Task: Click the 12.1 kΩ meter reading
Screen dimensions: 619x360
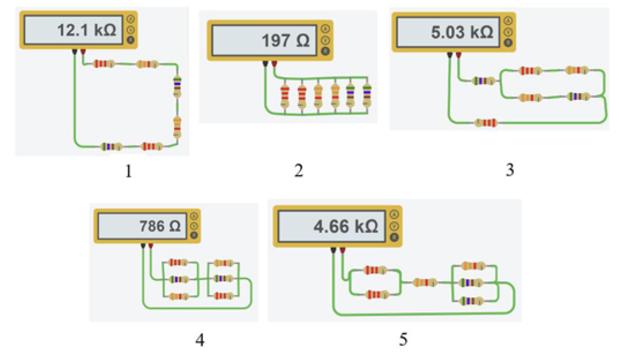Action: tap(87, 30)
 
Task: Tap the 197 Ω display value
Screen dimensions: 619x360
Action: tap(286, 40)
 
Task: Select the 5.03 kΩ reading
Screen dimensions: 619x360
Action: tap(462, 32)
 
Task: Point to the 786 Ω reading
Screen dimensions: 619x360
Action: tap(160, 226)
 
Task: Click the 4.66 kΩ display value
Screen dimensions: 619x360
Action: tap(346, 227)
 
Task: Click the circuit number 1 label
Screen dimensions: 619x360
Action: tap(128, 171)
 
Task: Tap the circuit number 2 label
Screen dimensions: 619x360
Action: tap(299, 170)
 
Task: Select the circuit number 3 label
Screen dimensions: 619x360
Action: tap(510, 170)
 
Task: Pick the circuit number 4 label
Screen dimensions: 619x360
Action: tap(200, 339)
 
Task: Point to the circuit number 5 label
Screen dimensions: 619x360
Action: tap(403, 339)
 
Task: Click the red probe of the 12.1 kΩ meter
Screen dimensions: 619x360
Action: tap(83, 52)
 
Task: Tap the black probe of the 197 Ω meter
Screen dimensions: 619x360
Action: tap(266, 64)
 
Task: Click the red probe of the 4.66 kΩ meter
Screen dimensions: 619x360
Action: tap(343, 251)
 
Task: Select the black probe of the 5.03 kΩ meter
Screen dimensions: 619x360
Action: tap(449, 55)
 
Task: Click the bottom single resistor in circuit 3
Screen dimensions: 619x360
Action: tap(486, 123)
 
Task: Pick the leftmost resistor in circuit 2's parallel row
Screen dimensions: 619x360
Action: tap(284, 95)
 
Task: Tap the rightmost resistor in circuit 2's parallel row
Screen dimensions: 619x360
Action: tap(367, 95)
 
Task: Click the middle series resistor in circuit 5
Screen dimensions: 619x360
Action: tap(425, 282)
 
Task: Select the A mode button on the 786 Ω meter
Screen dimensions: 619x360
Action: tap(194, 217)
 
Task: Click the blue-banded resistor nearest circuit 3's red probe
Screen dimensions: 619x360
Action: tap(483, 81)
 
